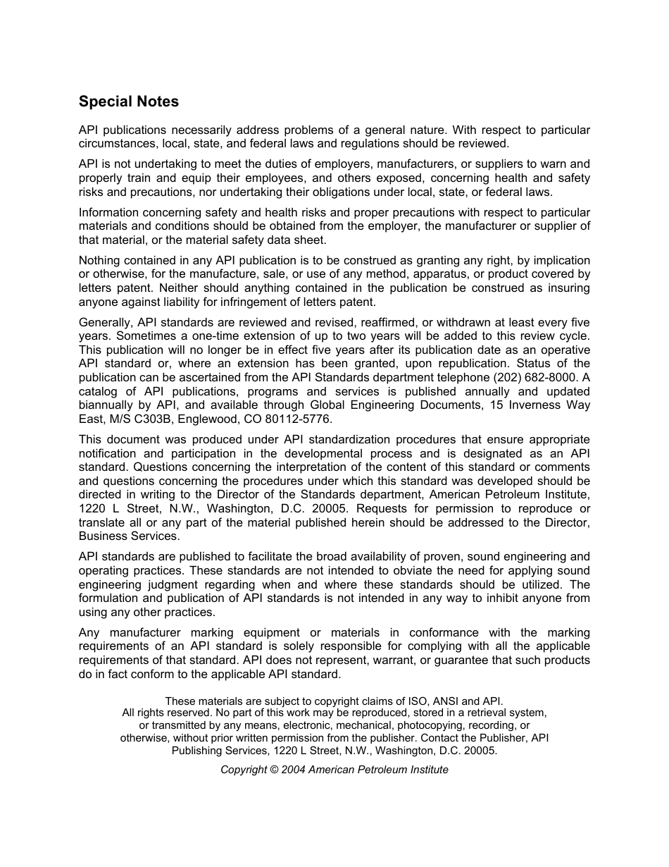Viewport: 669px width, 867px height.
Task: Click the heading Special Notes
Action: pos(129,102)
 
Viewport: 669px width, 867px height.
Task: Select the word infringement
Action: pos(277,302)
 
